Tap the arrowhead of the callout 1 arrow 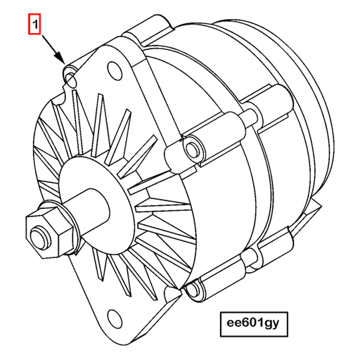pos(63,60)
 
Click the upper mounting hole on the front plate pos(112,70)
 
